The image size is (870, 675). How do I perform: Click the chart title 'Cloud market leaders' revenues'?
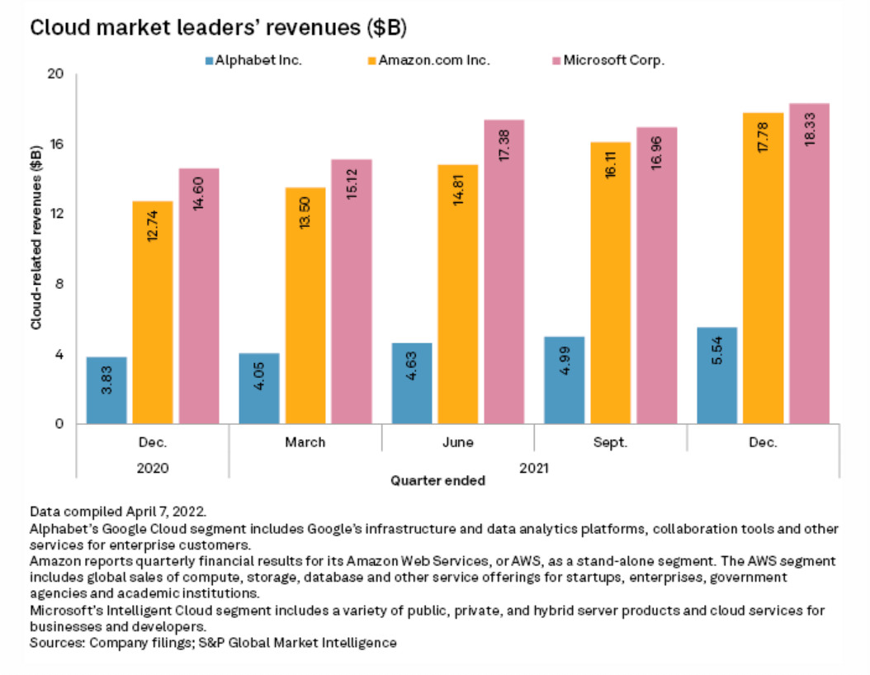[219, 27]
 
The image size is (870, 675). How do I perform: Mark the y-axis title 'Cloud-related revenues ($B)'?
[36, 239]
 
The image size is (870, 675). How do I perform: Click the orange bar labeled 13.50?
[305, 305]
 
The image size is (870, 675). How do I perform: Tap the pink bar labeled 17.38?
[504, 272]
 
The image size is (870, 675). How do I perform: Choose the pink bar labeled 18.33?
[809, 264]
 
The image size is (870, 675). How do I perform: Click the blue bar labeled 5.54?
[717, 375]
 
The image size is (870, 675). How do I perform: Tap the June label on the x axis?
[458, 442]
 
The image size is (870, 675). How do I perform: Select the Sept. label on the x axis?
[611, 442]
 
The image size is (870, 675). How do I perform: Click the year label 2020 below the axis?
[153, 467]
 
